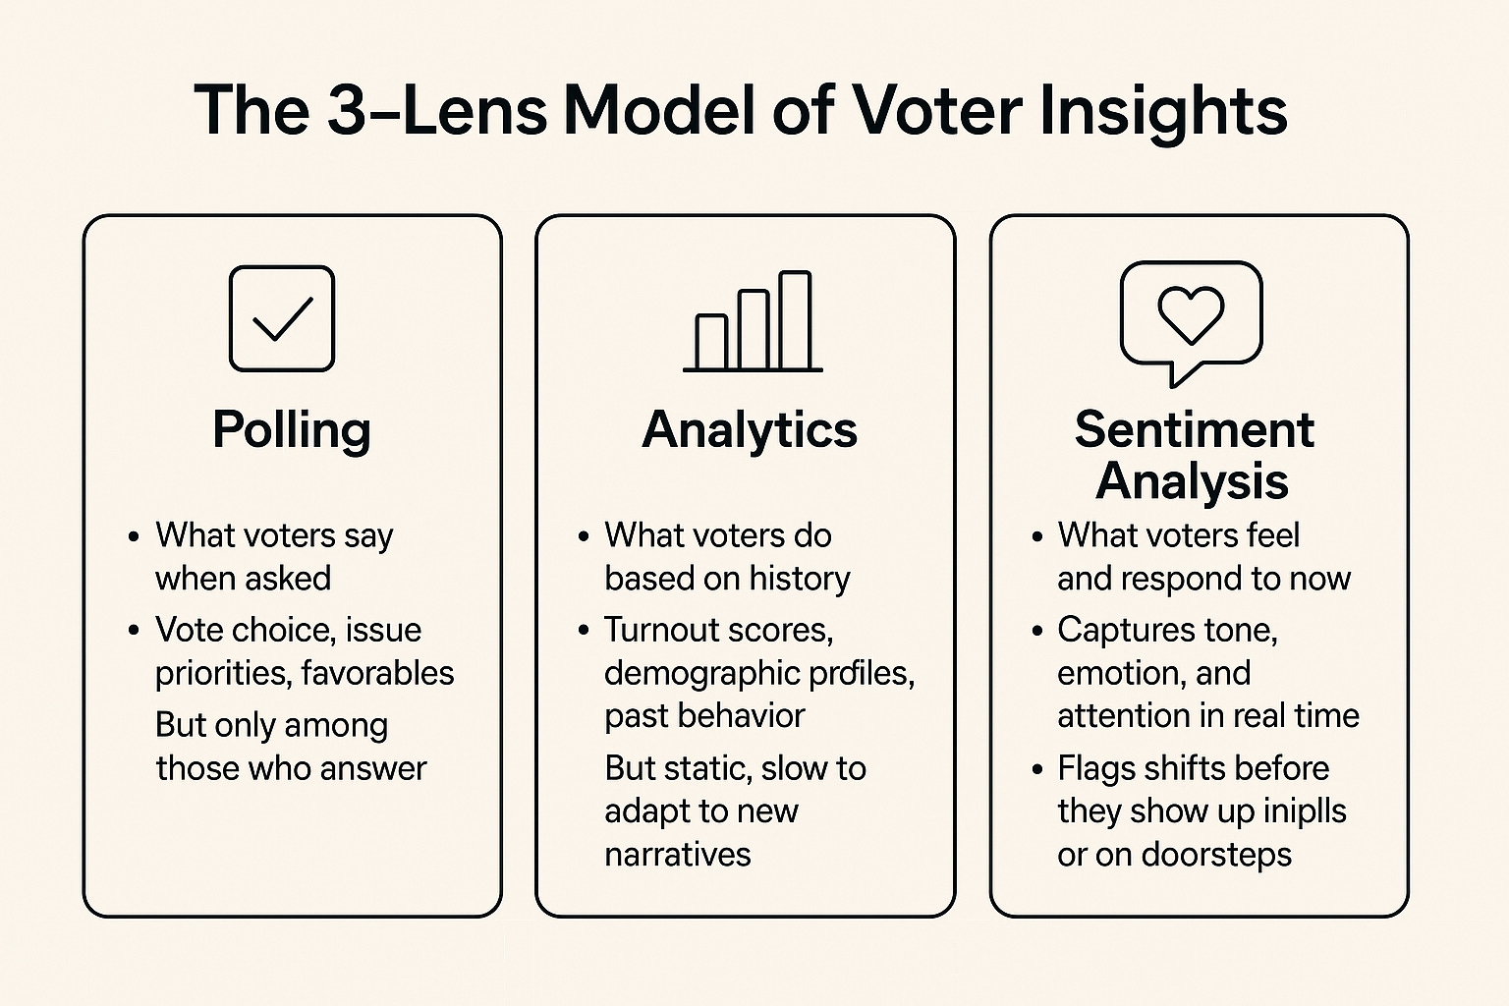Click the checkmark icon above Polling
(x=282, y=318)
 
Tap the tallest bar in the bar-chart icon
(x=795, y=320)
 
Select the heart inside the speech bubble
(x=1191, y=314)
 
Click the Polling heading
(x=292, y=430)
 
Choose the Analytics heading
(x=750, y=430)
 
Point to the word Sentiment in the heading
(x=1194, y=429)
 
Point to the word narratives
(x=677, y=855)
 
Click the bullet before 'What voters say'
(x=134, y=537)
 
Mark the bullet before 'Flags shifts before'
(x=1036, y=769)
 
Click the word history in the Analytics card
(x=799, y=579)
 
